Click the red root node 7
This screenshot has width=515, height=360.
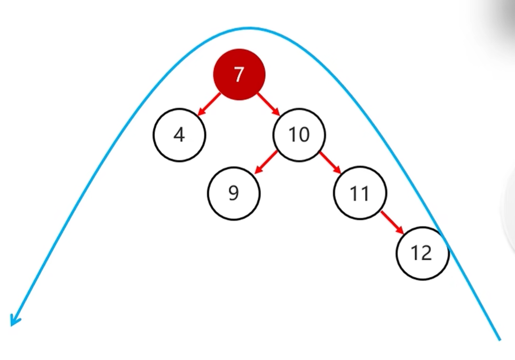(x=239, y=74)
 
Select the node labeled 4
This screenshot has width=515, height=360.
(x=180, y=135)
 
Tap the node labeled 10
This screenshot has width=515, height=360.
(x=299, y=135)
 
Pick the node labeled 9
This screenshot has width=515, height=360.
(x=234, y=193)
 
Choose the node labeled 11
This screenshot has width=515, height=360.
(x=360, y=193)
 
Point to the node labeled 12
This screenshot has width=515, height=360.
(x=423, y=253)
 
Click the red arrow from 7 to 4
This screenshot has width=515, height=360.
(x=209, y=104)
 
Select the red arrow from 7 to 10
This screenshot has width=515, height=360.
(x=268, y=104)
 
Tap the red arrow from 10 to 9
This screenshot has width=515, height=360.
(x=266, y=162)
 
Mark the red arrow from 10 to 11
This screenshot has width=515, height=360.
(x=330, y=163)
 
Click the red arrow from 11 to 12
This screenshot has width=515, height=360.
(x=392, y=222)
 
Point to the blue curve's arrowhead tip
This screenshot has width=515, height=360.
(x=11, y=326)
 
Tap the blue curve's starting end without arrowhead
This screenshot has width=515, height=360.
(x=500, y=340)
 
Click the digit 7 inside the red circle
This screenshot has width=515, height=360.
(x=239, y=74)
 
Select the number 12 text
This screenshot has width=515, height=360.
(x=422, y=253)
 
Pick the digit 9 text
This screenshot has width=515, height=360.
(x=234, y=193)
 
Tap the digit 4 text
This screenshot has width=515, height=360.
(x=180, y=135)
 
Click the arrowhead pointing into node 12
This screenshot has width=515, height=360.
(x=400, y=231)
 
